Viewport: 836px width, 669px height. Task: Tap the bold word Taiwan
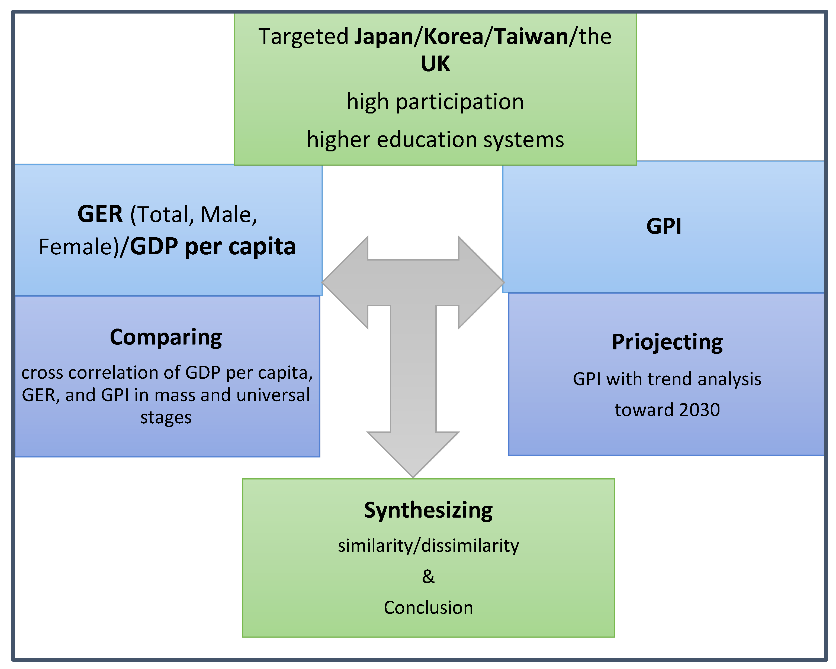(531, 37)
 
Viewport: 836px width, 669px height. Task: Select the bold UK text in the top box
(435, 64)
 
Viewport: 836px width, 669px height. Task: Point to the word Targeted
(303, 37)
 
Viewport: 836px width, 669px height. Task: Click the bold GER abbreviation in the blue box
(100, 214)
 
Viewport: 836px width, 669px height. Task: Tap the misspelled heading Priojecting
(667, 342)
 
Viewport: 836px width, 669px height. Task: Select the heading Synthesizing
(428, 510)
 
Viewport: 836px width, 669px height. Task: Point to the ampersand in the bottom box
(428, 576)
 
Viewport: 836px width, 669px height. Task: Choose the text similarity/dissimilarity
(428, 546)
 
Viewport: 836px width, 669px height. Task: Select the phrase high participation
(435, 102)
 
